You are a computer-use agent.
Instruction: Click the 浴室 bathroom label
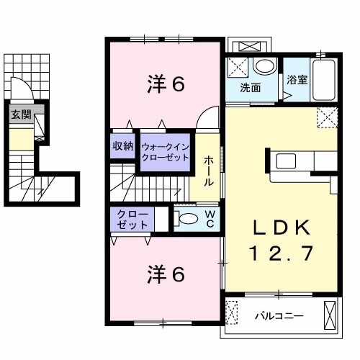click(x=297, y=80)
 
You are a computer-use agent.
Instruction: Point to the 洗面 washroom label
click(x=251, y=89)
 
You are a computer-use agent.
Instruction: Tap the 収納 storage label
click(x=122, y=146)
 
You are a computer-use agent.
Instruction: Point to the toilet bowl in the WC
click(x=187, y=219)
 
